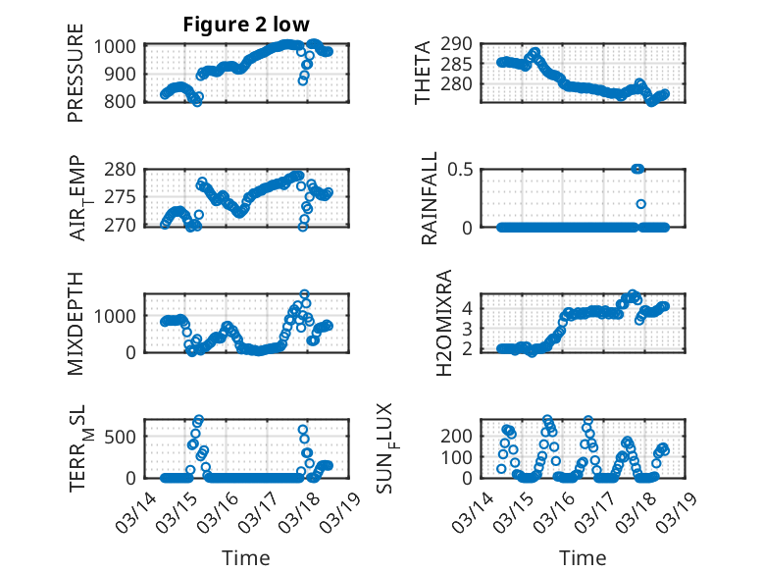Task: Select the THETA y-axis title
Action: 423,74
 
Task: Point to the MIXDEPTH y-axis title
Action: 76,324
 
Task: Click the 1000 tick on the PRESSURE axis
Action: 120,46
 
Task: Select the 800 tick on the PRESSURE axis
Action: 125,101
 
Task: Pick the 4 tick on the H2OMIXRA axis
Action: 473,307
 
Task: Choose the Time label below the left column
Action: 246,558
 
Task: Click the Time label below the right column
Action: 583,558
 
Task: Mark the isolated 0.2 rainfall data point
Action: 640,204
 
